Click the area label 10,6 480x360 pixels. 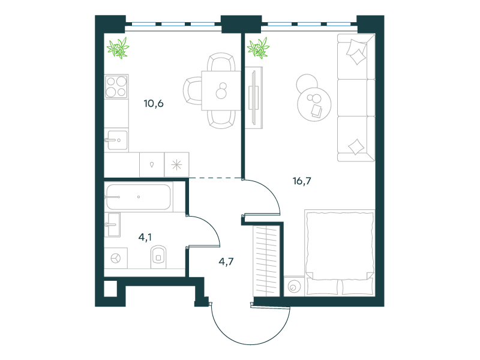(x=154, y=103)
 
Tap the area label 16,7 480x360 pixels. (x=302, y=181)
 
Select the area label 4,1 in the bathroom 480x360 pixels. (x=145, y=237)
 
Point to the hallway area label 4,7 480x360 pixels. (x=226, y=262)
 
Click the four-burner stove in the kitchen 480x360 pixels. (x=116, y=86)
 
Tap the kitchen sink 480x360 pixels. (x=116, y=140)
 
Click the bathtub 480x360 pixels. (x=139, y=197)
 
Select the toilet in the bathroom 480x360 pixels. (x=158, y=257)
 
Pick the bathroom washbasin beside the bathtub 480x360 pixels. (x=112, y=224)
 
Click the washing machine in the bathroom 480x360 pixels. (x=116, y=258)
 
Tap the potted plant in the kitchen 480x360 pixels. (x=118, y=48)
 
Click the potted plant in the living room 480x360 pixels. (x=259, y=48)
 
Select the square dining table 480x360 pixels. (x=221, y=91)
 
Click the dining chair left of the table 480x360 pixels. (x=192, y=91)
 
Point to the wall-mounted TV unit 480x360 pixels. (x=254, y=98)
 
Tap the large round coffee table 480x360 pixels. (x=314, y=104)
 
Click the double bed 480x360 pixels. (x=340, y=253)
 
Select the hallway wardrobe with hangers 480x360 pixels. (x=266, y=261)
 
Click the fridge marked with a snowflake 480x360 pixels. (x=176, y=164)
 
